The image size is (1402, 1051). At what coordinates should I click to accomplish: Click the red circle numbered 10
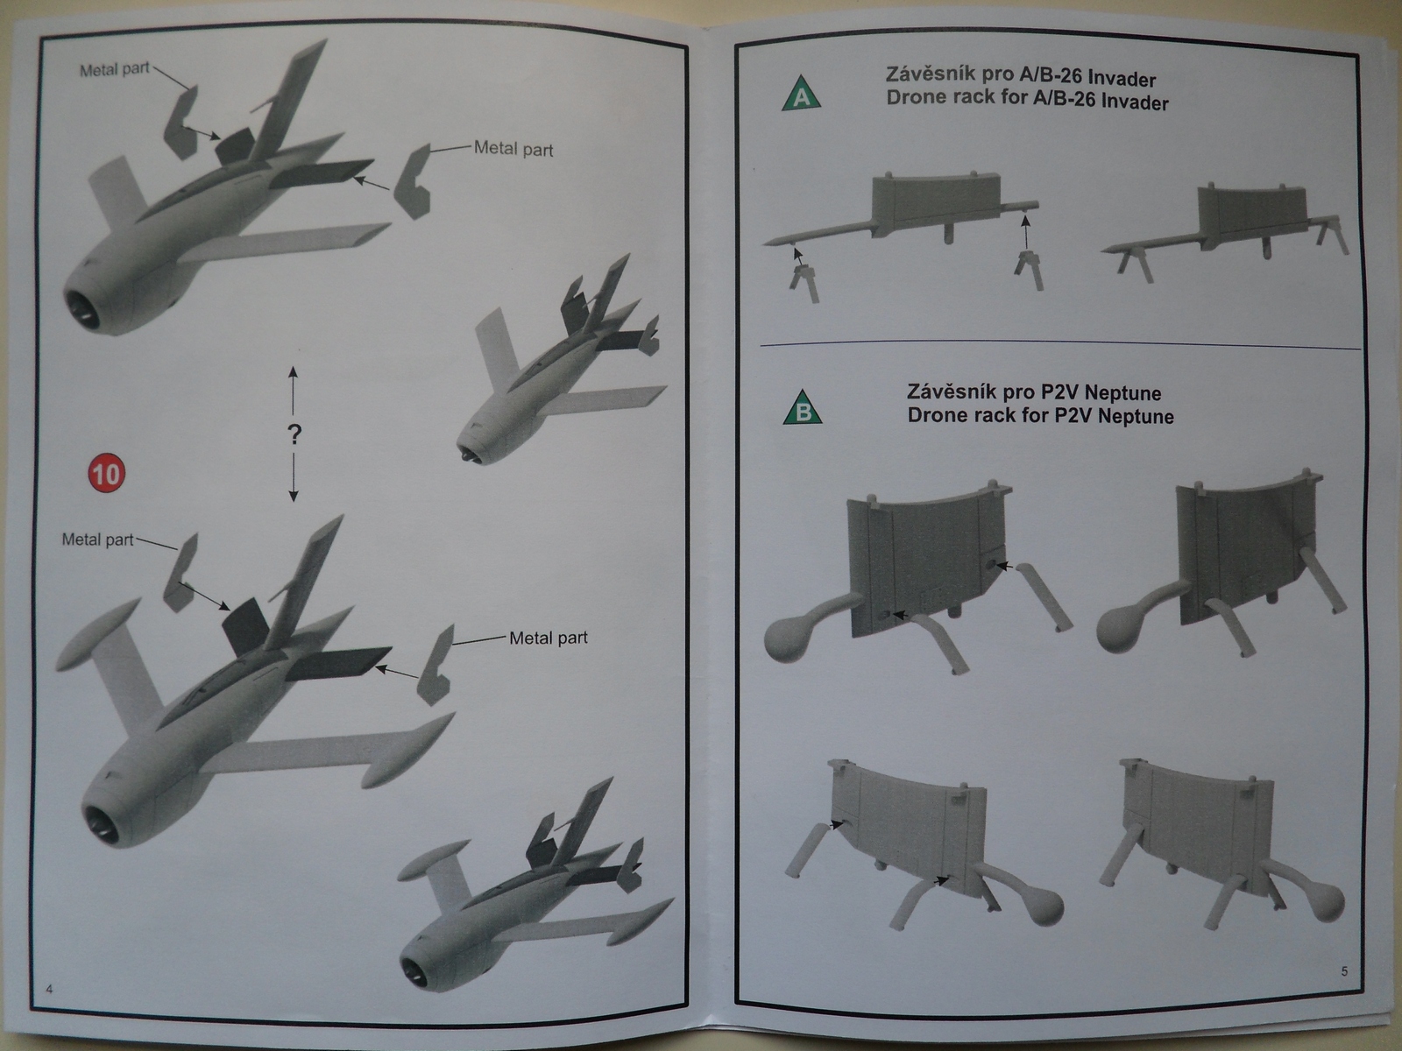[x=106, y=474]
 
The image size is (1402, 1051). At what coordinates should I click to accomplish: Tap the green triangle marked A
[x=801, y=95]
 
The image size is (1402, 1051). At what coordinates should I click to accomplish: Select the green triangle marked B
[x=802, y=409]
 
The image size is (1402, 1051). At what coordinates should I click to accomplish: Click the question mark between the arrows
[x=294, y=434]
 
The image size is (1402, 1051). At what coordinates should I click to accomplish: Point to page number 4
[x=49, y=989]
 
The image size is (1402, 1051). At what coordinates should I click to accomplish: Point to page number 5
[x=1344, y=970]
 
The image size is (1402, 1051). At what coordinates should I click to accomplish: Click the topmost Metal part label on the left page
[x=115, y=70]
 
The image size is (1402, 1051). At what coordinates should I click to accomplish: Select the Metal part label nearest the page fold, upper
[x=513, y=149]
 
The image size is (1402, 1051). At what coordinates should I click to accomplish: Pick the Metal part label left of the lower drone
[x=97, y=540]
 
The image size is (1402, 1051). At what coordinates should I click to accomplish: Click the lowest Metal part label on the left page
[x=549, y=638]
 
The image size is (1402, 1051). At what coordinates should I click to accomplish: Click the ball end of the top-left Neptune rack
[x=790, y=637]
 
